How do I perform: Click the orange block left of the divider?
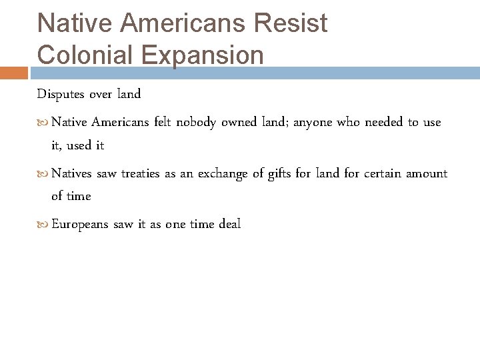click(14, 73)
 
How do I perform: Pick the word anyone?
click(313, 123)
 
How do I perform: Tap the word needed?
click(382, 122)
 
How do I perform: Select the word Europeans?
click(80, 225)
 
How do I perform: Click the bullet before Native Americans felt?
click(44, 123)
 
